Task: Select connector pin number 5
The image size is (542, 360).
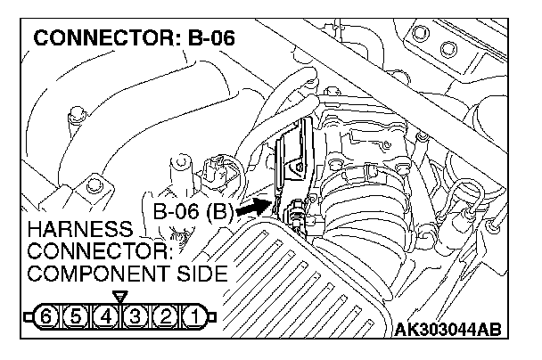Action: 79,315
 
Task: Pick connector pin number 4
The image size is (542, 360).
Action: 106,315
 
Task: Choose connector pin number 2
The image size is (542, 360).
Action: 163,315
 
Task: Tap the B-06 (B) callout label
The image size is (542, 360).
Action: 193,213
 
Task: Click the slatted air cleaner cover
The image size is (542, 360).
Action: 294,285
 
